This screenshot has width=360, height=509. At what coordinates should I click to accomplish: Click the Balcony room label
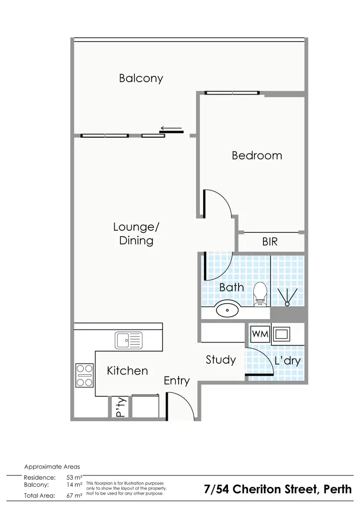[x=141, y=78]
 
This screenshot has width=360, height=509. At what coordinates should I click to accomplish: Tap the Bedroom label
[x=257, y=155]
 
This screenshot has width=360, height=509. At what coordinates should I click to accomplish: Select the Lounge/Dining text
[x=136, y=233]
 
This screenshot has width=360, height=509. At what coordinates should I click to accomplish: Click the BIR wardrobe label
[x=270, y=242]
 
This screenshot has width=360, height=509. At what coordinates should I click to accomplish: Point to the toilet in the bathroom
[x=260, y=293]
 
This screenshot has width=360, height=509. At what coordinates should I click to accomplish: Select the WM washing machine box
[x=259, y=332]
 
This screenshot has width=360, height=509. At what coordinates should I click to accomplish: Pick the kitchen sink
[x=128, y=341]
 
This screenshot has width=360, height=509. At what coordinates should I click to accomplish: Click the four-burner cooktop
[x=84, y=375]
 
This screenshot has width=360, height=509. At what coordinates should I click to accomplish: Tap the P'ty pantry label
[x=120, y=407]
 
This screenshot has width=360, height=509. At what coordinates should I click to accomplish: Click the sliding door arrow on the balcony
[x=171, y=128]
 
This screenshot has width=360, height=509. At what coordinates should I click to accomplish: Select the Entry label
[x=177, y=381]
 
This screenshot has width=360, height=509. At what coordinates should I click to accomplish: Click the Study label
[x=221, y=359]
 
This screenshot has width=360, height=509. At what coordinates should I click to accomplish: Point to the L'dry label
[x=287, y=361]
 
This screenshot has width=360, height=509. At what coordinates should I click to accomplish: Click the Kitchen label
[x=127, y=370]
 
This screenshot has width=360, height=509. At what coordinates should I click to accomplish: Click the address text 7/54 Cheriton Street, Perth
[x=278, y=489]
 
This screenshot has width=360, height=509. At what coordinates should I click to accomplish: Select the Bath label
[x=231, y=287]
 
